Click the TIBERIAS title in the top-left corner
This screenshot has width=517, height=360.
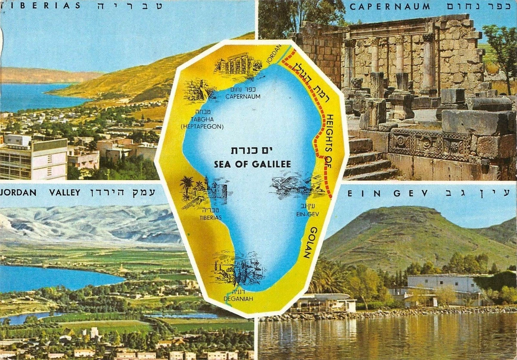pos(41,6)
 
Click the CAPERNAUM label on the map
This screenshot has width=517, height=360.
pos(243,96)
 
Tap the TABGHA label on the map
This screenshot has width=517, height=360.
pos(202,119)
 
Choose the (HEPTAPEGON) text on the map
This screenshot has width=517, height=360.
pos(202,127)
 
